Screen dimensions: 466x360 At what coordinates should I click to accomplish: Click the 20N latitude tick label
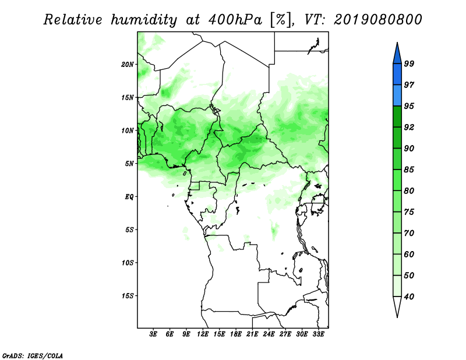[x=128, y=65]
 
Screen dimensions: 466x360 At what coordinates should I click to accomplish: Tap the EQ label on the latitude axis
[x=129, y=196]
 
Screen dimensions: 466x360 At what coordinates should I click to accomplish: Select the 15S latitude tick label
[x=128, y=296]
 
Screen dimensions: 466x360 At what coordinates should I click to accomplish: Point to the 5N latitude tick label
[x=129, y=164]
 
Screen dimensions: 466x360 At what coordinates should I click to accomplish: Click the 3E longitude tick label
[x=153, y=334]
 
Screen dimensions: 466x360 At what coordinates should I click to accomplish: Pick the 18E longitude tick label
[x=236, y=334]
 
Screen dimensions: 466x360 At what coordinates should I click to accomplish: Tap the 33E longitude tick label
[x=318, y=334]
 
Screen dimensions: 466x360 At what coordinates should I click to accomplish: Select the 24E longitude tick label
[x=269, y=334]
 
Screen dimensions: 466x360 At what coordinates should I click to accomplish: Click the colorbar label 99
[x=409, y=63]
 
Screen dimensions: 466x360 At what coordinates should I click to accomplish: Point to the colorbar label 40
[x=409, y=297]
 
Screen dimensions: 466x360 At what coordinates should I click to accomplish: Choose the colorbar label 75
[x=409, y=212]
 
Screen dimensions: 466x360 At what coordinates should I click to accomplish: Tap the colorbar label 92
[x=409, y=127]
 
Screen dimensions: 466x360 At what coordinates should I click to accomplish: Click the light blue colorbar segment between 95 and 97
[x=397, y=96]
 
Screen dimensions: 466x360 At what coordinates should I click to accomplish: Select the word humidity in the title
[x=143, y=20]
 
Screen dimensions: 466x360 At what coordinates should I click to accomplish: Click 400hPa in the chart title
[x=235, y=20]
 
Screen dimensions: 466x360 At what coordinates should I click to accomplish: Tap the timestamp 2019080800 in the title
[x=377, y=20]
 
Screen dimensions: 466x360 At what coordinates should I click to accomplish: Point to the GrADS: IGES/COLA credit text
[x=33, y=355]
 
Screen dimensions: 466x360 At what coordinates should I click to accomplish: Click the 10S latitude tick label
[x=128, y=263]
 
